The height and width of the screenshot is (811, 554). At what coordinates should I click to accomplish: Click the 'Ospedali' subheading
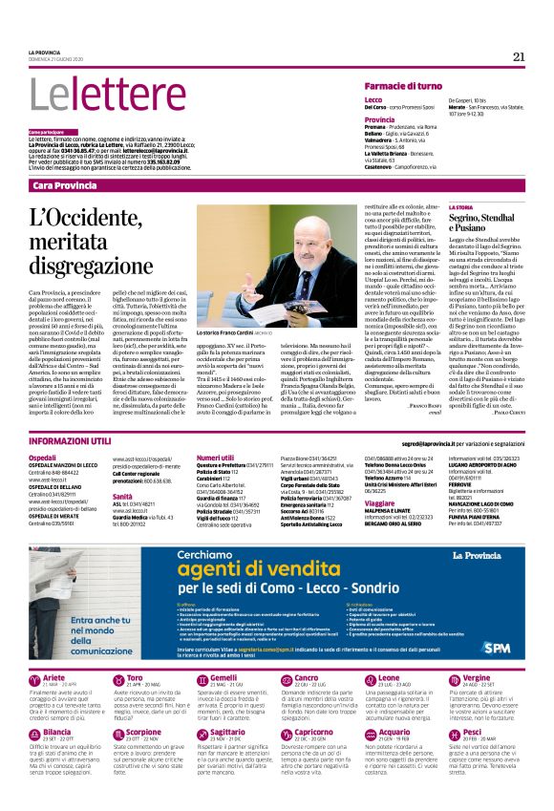(x=43, y=459)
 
